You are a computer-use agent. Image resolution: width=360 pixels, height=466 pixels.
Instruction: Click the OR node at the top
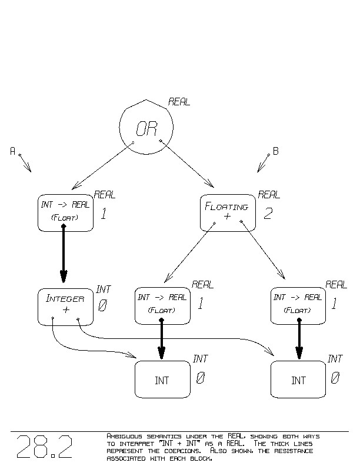[x=146, y=128]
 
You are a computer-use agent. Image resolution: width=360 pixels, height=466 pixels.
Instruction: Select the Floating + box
[x=228, y=212]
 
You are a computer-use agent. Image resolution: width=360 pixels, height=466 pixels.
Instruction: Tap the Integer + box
[x=65, y=306]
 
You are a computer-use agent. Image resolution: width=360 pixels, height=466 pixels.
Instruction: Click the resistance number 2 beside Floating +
[x=268, y=214]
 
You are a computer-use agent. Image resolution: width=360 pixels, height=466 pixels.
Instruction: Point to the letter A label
[x=12, y=151]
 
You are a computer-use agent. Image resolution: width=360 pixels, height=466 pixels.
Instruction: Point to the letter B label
[x=275, y=151]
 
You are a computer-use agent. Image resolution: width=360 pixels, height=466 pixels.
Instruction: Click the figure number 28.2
[x=45, y=447]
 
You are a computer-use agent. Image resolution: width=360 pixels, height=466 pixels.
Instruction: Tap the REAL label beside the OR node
[x=179, y=102]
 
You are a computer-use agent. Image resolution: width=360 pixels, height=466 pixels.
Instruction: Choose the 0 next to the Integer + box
[x=102, y=306]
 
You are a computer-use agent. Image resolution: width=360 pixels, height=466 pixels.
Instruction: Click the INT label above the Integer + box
[x=104, y=289]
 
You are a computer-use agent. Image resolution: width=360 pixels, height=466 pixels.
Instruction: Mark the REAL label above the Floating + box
[x=269, y=195]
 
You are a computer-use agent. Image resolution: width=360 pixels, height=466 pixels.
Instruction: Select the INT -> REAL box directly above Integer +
[x=65, y=212]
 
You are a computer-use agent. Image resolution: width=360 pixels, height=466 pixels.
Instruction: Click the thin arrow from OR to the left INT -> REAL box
[x=101, y=166]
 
